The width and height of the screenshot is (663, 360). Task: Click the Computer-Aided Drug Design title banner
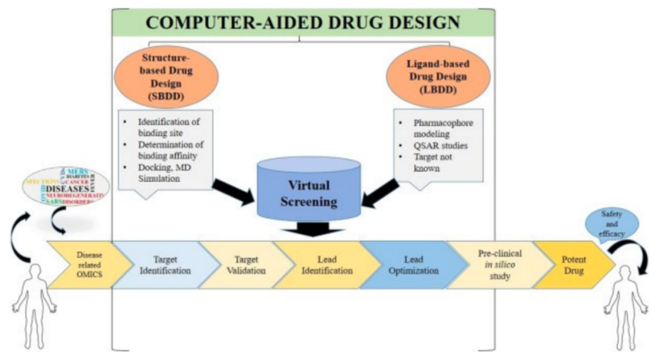(303, 22)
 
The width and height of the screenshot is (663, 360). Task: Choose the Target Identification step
(161, 264)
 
